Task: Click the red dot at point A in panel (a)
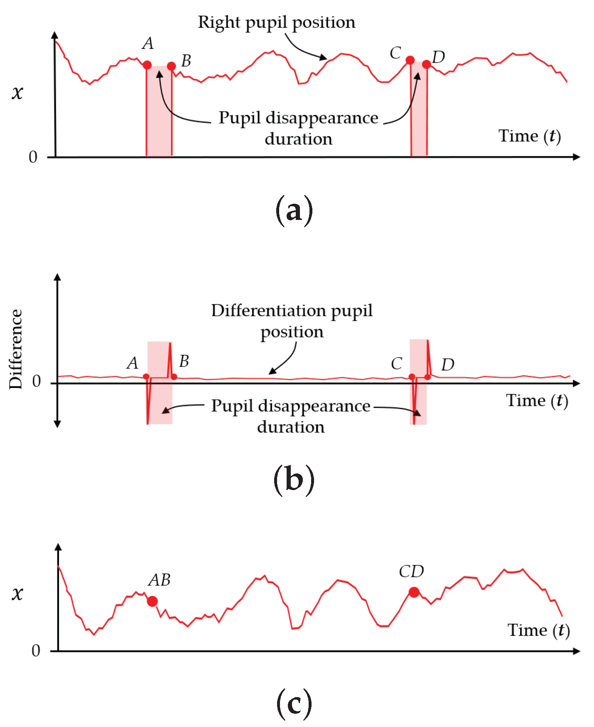147,65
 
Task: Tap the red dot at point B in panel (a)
172,66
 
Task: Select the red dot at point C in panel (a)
410,61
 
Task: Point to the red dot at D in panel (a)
426,64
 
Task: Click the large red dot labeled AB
152,601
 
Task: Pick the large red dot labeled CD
414,592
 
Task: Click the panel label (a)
294,211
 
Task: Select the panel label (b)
294,480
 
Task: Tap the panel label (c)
294,704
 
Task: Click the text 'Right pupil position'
277,22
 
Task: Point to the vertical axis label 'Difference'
16,349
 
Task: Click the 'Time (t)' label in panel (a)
530,136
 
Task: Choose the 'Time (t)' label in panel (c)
538,630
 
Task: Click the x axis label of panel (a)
17,92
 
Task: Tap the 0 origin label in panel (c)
36,651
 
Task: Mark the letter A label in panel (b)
133,363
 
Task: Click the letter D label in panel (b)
448,365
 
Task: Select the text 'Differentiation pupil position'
292,321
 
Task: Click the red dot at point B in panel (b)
174,377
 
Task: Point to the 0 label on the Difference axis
37,381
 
